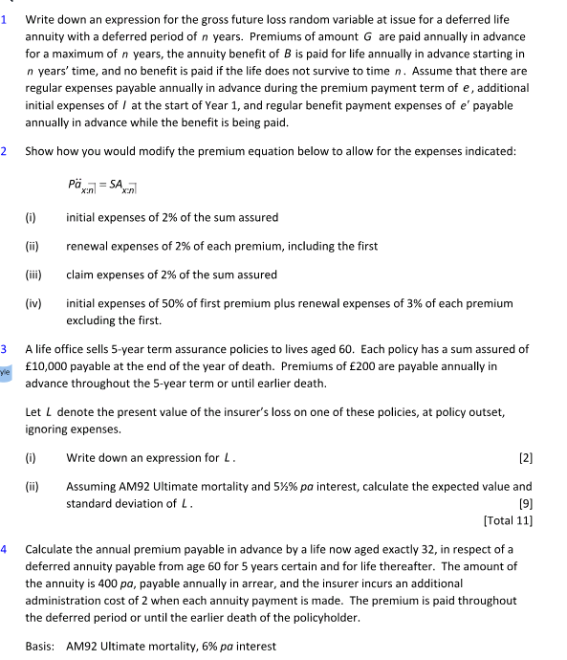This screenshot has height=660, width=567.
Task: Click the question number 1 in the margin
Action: pos(5,19)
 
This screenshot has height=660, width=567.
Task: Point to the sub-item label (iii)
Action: pos(33,275)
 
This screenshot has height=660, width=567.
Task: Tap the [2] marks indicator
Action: pos(525,457)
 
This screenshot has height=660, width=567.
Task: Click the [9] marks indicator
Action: pos(525,503)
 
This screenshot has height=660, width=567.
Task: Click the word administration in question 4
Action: pos(68,601)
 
